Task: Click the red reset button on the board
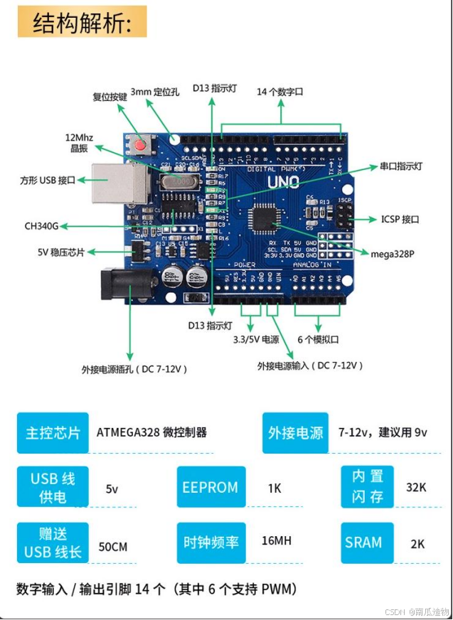click(140, 146)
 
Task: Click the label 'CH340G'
click(41, 227)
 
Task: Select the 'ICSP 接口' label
click(400, 220)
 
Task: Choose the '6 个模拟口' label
click(318, 339)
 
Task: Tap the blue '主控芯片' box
click(53, 433)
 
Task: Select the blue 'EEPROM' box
click(210, 488)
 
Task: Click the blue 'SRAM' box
click(363, 542)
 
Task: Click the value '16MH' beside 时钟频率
click(277, 541)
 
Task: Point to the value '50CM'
click(113, 547)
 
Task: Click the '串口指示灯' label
click(400, 166)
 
